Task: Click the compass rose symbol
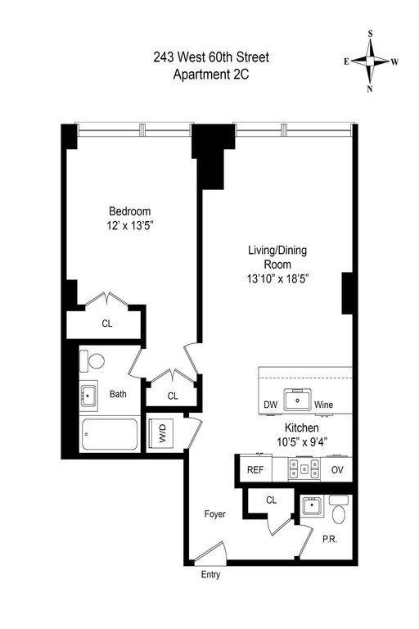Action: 370,61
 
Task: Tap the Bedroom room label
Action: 130,211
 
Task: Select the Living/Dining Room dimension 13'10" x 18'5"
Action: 277,278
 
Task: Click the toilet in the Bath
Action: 92,361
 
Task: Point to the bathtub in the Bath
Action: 110,434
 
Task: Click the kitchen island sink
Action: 298,400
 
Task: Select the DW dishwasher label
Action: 271,405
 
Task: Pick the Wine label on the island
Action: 323,405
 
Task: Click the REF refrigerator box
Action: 255,469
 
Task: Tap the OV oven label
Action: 338,469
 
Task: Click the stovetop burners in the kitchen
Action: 304,468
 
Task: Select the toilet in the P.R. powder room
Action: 339,509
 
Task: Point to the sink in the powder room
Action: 313,506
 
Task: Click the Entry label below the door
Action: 210,575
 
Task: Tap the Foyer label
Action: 215,514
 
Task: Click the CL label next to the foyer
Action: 272,500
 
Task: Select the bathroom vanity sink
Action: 88,395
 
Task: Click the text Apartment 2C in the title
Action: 211,75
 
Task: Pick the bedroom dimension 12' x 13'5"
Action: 130,226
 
